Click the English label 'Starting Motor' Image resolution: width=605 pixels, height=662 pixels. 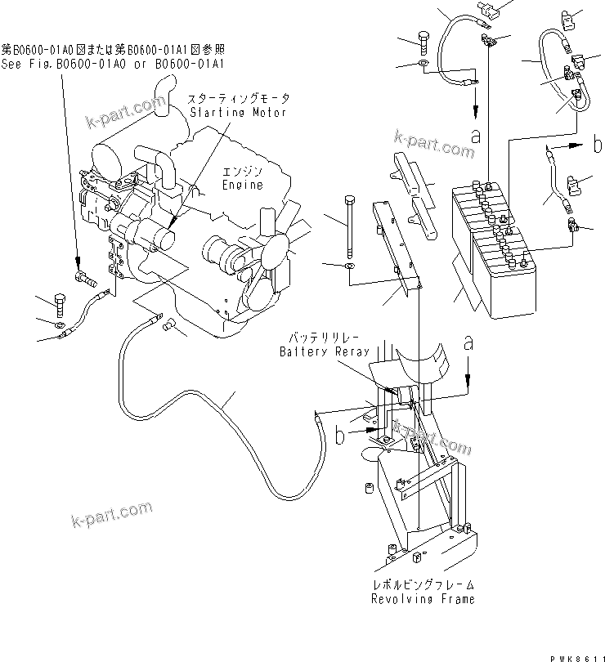[x=237, y=112]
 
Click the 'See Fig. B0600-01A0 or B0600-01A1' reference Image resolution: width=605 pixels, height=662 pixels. [x=113, y=63]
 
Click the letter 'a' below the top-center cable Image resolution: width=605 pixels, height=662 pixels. [x=474, y=132]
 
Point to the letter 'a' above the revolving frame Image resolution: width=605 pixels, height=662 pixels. [x=468, y=343]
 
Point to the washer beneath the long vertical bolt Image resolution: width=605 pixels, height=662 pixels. [x=350, y=266]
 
